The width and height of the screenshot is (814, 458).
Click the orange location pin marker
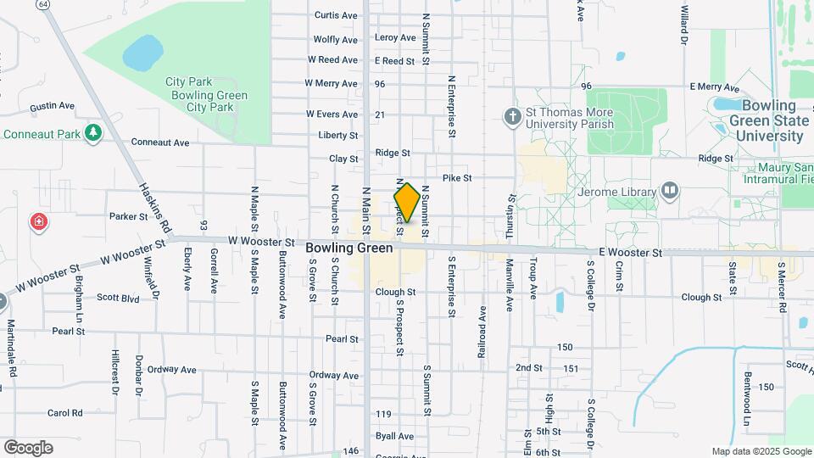pyautogui.click(x=406, y=204)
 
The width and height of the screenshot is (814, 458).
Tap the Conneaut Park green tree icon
pyautogui.click(x=94, y=133)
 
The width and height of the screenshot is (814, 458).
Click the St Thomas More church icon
pyautogui.click(x=511, y=116)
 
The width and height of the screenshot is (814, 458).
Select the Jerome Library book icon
pyautogui.click(x=669, y=190)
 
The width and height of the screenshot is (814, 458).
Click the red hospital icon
pyautogui.click(x=38, y=223)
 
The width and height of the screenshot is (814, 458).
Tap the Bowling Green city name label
pyautogui.click(x=349, y=248)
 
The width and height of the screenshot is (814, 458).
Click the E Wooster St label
pyautogui.click(x=629, y=253)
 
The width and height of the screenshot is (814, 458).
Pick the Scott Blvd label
pyautogui.click(x=118, y=298)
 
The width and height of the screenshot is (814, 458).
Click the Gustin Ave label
pyautogui.click(x=53, y=107)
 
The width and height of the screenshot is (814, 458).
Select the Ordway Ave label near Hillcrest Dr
pyautogui.click(x=171, y=370)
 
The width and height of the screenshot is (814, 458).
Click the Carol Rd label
pyautogui.click(x=64, y=413)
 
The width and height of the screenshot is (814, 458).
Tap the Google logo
pyautogui.click(x=28, y=448)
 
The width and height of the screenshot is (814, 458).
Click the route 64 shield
pyautogui.click(x=42, y=5)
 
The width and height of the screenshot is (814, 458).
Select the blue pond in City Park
pyautogui.click(x=142, y=53)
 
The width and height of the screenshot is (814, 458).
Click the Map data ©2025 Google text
pyautogui.click(x=761, y=451)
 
